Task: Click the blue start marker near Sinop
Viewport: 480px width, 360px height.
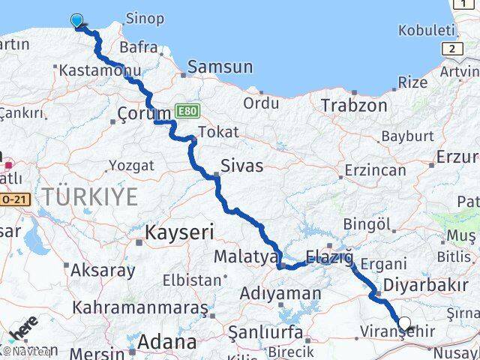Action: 77,20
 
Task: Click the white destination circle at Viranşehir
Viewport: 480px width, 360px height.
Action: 405,324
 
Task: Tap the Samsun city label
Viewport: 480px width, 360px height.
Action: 220,67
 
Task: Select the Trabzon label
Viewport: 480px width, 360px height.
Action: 354,106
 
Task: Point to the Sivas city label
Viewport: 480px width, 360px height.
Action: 241,166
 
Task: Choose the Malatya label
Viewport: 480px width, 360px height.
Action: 246,256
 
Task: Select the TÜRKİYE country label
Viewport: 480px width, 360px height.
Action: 90,197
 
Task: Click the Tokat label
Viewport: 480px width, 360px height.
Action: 220,132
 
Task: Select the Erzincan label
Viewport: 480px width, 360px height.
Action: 376,170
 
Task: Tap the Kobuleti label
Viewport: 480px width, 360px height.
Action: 427,31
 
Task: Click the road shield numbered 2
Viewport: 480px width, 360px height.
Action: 452,49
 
